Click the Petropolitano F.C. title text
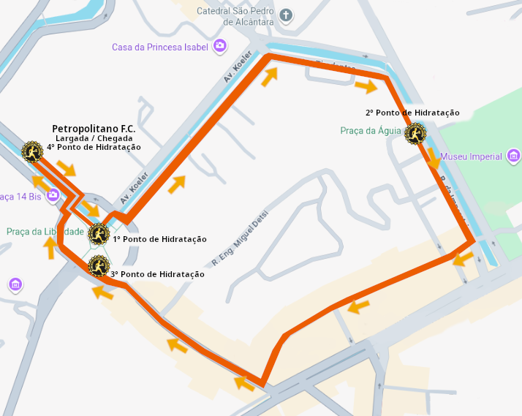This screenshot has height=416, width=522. point(94,129)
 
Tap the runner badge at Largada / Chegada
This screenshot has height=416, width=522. point(32,151)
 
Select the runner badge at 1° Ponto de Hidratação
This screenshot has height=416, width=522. point(99,234)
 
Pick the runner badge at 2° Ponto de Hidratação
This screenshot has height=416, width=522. point(415,133)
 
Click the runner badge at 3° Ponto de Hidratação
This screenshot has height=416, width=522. point(98,266)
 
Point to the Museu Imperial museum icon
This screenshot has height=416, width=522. point(513,156)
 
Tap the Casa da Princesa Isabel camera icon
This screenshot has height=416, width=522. point(219,47)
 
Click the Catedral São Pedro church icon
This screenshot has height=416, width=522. point(286,15)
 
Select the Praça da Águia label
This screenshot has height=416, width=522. point(371,131)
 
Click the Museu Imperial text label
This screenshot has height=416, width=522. point(472,156)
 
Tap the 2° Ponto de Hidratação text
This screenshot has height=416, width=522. point(412,113)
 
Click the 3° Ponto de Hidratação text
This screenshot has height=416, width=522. point(157,274)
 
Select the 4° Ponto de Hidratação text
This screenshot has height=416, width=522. point(94,147)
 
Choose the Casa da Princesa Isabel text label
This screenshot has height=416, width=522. point(159,48)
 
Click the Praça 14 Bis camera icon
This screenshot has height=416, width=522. point(53,195)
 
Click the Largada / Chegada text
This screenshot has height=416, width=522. point(94,138)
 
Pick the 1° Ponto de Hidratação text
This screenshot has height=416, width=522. point(159,239)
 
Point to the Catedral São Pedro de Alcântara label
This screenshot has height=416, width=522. point(235,16)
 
